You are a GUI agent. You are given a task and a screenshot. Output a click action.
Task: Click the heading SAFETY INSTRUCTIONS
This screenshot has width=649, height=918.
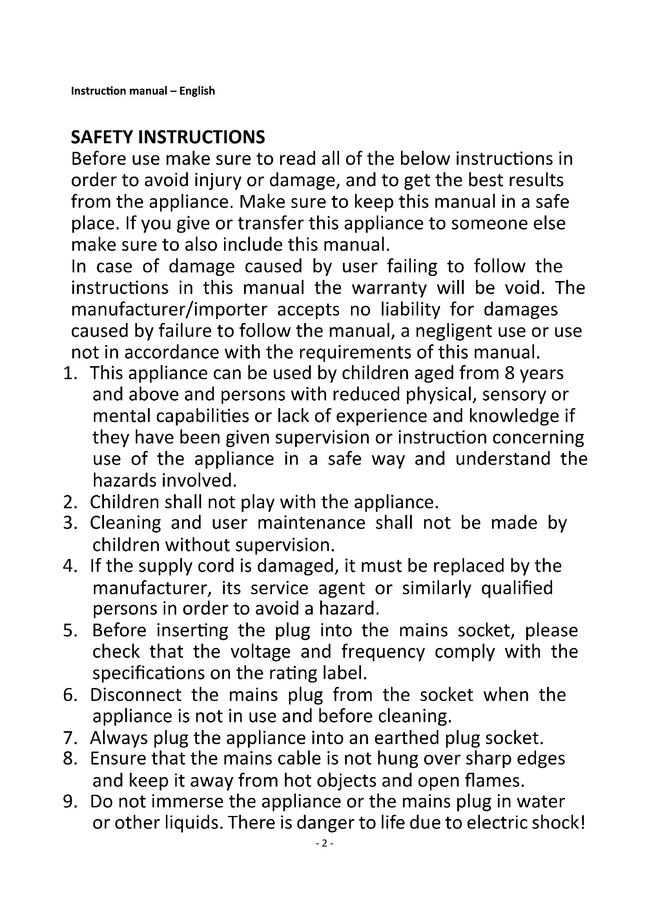point(168,137)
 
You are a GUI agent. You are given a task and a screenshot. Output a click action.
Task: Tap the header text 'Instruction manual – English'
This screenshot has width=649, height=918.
point(143,91)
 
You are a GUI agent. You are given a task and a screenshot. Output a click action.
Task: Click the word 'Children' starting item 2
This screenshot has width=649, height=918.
point(124,502)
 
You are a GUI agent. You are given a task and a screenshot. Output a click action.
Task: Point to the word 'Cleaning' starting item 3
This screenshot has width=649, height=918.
point(125,524)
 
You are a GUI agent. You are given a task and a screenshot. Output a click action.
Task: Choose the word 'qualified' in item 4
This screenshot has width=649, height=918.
point(517,588)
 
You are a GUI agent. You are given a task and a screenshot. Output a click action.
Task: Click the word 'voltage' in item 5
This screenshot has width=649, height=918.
point(261,652)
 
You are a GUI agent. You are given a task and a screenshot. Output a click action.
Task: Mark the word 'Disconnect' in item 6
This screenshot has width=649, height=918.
point(135,695)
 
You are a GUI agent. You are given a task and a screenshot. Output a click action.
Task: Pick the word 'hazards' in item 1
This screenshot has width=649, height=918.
point(124,481)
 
